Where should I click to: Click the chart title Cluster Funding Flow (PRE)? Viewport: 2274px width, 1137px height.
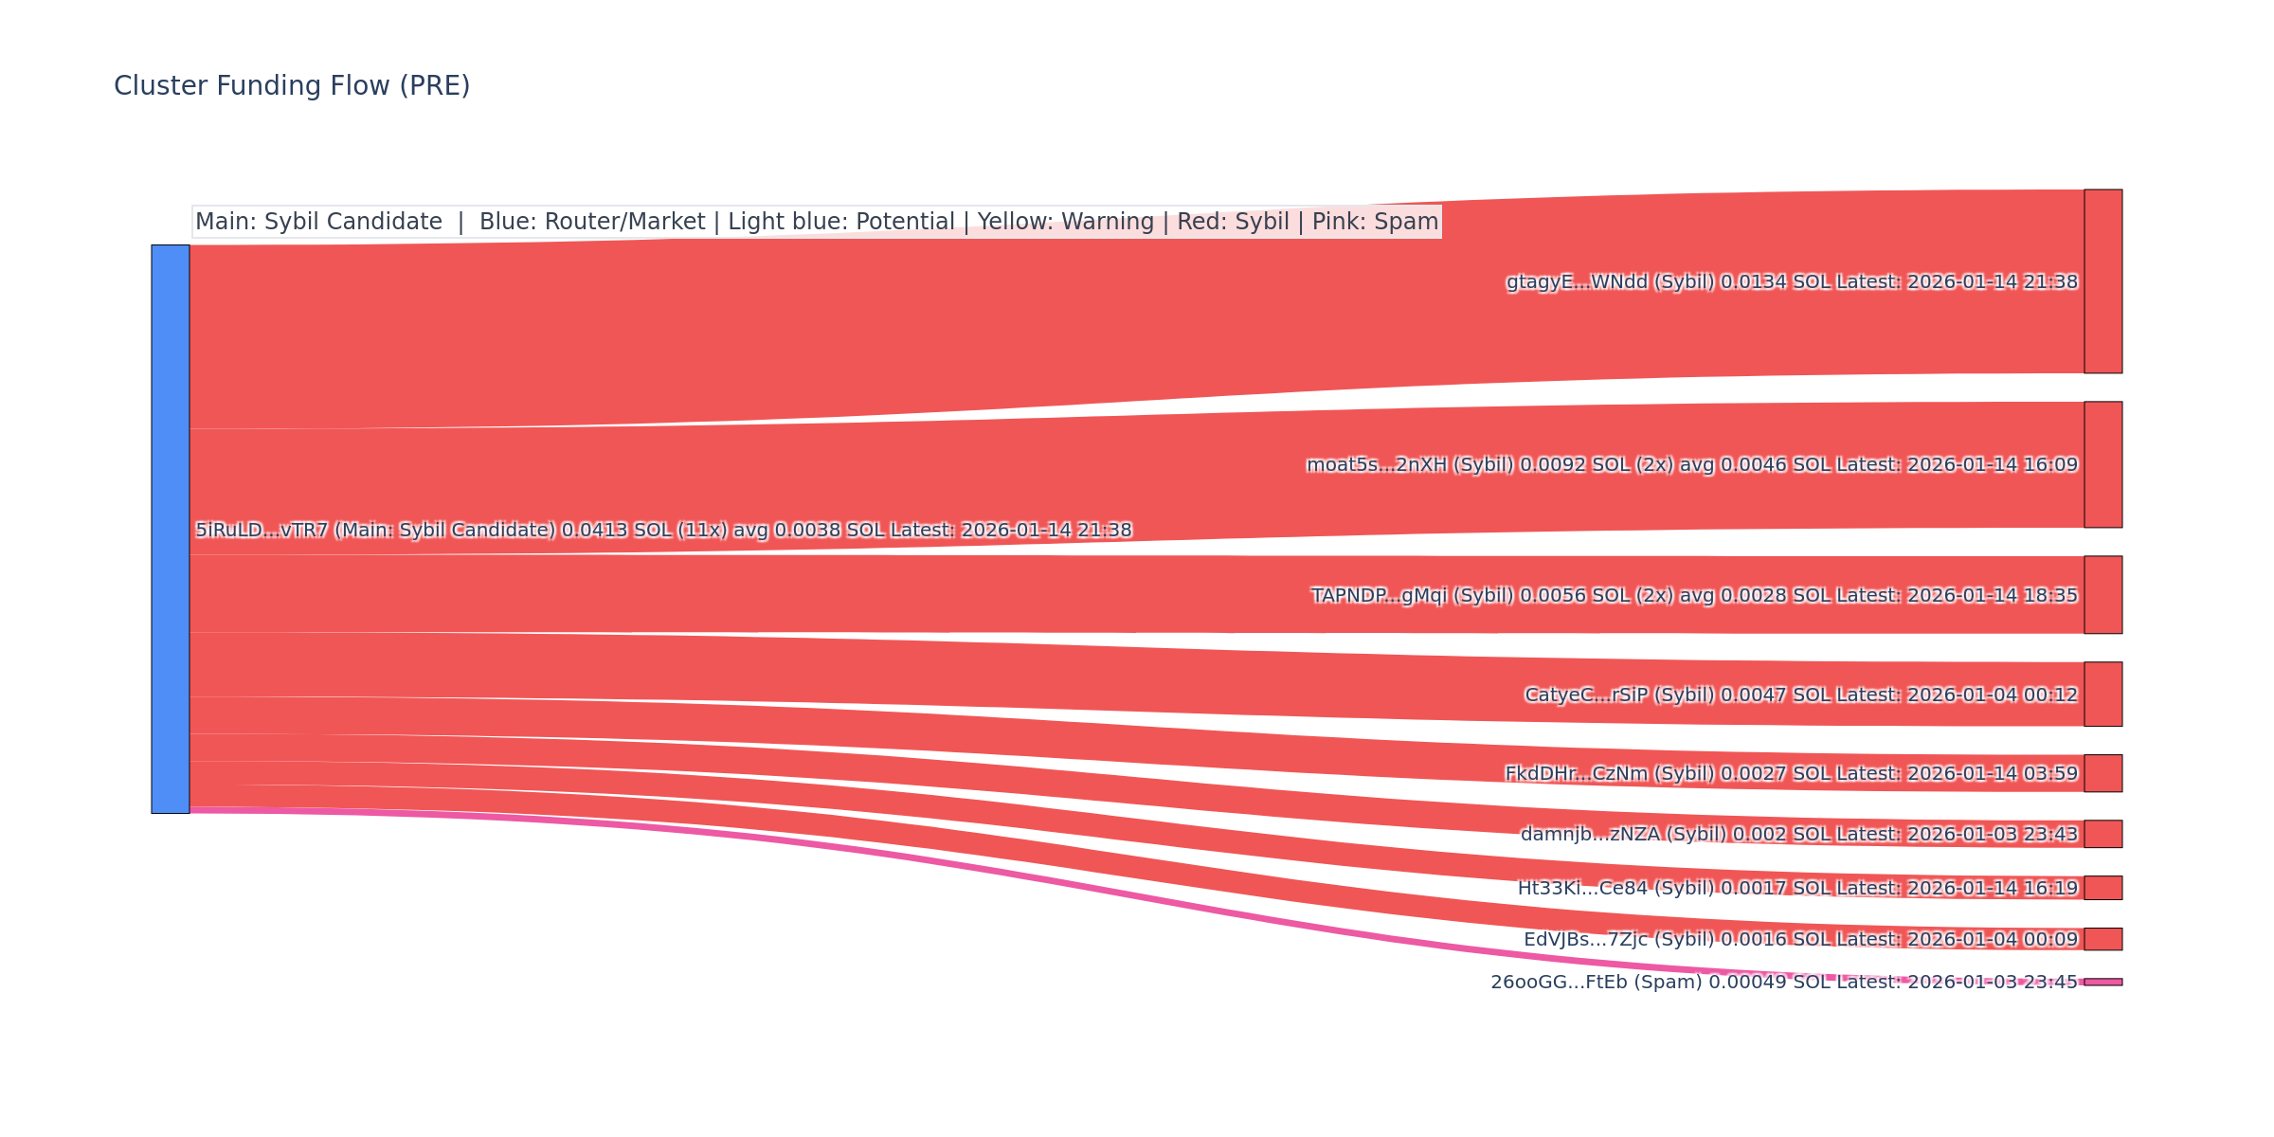click(x=292, y=86)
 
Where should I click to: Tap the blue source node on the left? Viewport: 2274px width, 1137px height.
click(x=171, y=529)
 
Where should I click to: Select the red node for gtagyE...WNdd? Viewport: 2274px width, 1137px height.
click(x=2103, y=281)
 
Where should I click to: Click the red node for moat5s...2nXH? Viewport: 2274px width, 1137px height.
click(x=2103, y=464)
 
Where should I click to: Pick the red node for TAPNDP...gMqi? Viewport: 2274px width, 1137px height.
click(x=2103, y=595)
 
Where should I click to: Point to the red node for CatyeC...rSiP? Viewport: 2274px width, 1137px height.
click(x=2103, y=695)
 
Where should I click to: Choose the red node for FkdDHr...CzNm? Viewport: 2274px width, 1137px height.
click(x=2103, y=773)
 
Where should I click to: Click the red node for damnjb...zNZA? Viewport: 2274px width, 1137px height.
click(x=2103, y=834)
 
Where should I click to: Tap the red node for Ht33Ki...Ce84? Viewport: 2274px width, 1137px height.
click(x=2103, y=888)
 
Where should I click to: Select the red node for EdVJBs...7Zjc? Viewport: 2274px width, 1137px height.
click(x=2103, y=939)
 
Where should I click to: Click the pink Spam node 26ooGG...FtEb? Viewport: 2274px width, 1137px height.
click(x=2103, y=982)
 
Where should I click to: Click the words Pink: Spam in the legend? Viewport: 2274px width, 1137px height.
click(x=1375, y=222)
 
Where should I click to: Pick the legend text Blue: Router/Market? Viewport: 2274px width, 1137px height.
click(x=592, y=222)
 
